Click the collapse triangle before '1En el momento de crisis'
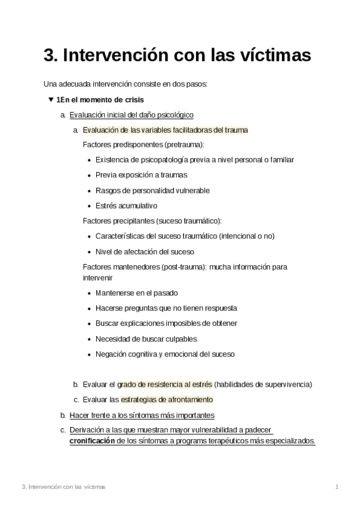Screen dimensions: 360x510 click(50, 99)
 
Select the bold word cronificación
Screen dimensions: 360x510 click(92, 440)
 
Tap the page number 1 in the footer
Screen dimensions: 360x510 click(338, 486)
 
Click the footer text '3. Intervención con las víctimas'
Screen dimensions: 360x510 click(63, 486)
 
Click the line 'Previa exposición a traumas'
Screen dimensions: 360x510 click(141, 175)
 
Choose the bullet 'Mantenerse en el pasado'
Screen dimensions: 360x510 click(136, 293)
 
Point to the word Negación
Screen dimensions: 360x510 click(111, 354)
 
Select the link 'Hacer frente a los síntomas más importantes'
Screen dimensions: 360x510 click(142, 415)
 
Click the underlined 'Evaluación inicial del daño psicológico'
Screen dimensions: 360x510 click(131, 114)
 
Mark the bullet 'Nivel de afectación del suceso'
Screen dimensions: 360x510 click(144, 251)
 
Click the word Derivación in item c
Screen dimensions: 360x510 click(87, 430)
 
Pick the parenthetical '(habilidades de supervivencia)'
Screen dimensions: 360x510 click(263, 384)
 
